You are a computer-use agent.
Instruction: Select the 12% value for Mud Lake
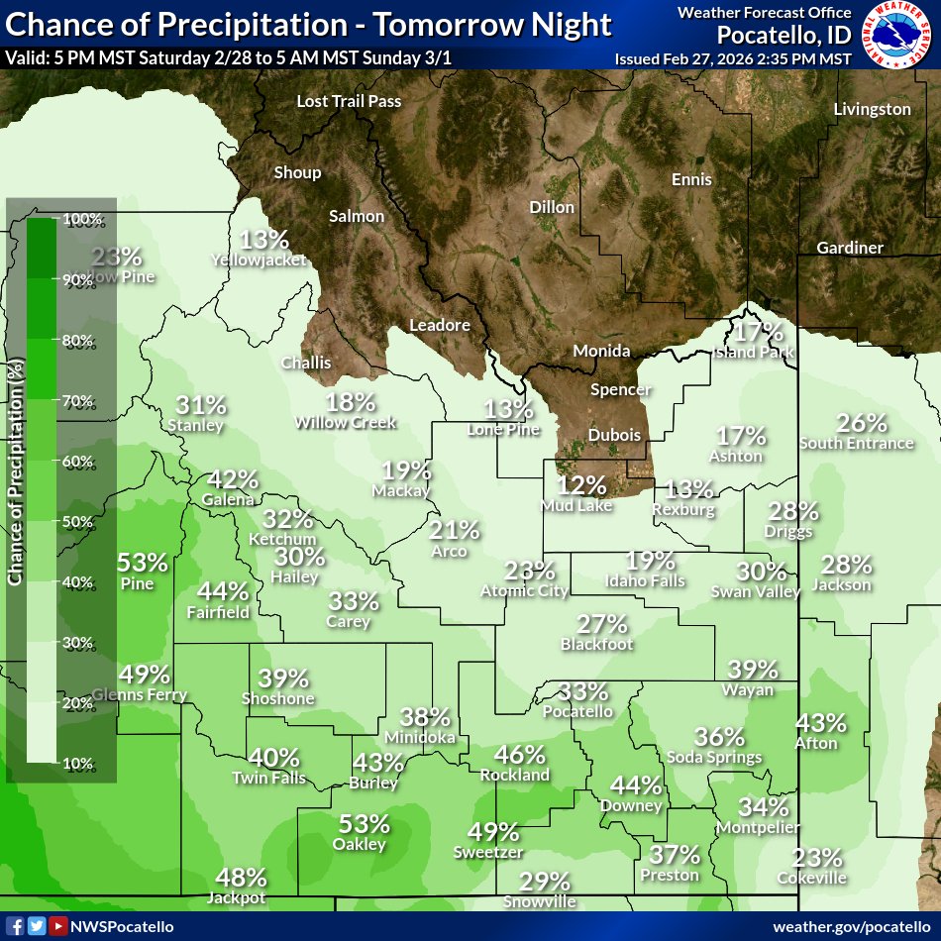pyautogui.click(x=580, y=484)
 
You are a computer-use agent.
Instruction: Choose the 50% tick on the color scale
pyautogui.click(x=79, y=522)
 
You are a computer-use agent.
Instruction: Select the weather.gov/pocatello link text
pyautogui.click(x=852, y=925)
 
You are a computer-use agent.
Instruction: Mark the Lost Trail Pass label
pyautogui.click(x=349, y=101)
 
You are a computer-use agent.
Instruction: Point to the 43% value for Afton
pyautogui.click(x=821, y=723)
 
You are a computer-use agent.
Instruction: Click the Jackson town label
pyautogui.click(x=841, y=584)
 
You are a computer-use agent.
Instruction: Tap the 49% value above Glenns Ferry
pyautogui.click(x=145, y=675)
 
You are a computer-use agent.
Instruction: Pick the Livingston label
pyautogui.click(x=872, y=109)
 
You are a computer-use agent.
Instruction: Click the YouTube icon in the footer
pyautogui.click(x=59, y=925)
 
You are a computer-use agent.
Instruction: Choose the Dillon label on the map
pyautogui.click(x=552, y=207)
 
